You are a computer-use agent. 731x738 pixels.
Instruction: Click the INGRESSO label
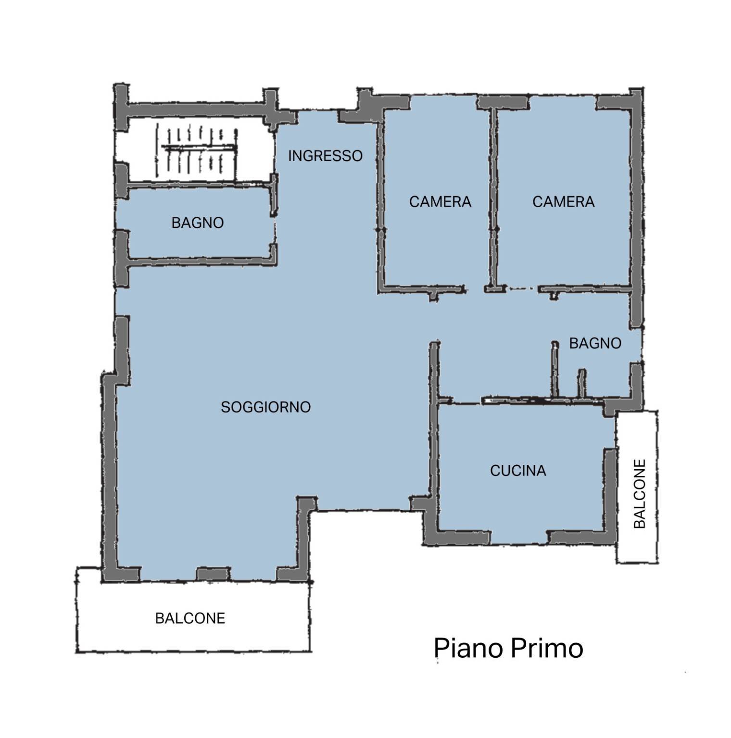point(325,156)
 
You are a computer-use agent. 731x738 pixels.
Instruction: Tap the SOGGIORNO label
point(265,407)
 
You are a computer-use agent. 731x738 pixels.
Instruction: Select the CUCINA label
point(518,470)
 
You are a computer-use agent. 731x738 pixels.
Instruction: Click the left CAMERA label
point(440,201)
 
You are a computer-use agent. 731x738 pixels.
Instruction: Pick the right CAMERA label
point(563,201)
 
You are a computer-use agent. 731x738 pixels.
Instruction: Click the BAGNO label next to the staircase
point(197,223)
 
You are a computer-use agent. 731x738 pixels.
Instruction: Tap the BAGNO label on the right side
point(595,343)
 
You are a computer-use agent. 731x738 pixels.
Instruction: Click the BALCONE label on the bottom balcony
point(190,618)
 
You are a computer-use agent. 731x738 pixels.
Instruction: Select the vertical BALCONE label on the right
point(639,494)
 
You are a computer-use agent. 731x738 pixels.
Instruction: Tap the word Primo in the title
point(547,648)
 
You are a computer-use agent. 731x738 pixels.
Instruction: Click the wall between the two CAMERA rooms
point(493,197)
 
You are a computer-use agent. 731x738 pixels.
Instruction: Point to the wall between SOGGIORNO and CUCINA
point(434,433)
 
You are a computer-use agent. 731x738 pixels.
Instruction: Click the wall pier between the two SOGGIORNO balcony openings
point(213,574)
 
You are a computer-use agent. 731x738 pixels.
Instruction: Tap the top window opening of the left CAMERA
point(443,101)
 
